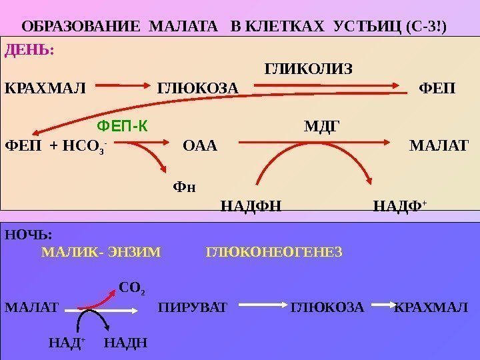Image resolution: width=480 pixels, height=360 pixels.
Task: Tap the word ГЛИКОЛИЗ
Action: click(x=309, y=69)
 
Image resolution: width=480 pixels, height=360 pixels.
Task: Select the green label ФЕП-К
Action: click(x=123, y=125)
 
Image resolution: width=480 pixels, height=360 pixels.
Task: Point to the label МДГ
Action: click(x=322, y=125)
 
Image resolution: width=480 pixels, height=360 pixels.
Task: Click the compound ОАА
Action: click(x=200, y=145)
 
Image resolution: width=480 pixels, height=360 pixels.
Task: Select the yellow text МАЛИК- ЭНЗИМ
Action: click(x=101, y=253)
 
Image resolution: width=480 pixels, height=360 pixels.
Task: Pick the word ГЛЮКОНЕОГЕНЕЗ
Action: click(x=275, y=253)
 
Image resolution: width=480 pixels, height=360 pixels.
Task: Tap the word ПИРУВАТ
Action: click(x=193, y=308)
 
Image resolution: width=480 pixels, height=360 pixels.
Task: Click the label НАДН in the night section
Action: click(x=126, y=343)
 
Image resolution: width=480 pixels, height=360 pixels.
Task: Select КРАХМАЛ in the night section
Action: click(x=431, y=308)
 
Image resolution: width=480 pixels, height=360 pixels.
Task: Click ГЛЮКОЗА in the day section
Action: click(x=197, y=89)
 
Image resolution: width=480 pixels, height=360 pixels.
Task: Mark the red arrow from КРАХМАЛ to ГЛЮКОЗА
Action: click(x=125, y=86)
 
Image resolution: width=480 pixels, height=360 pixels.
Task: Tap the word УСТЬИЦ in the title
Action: click(x=368, y=27)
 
